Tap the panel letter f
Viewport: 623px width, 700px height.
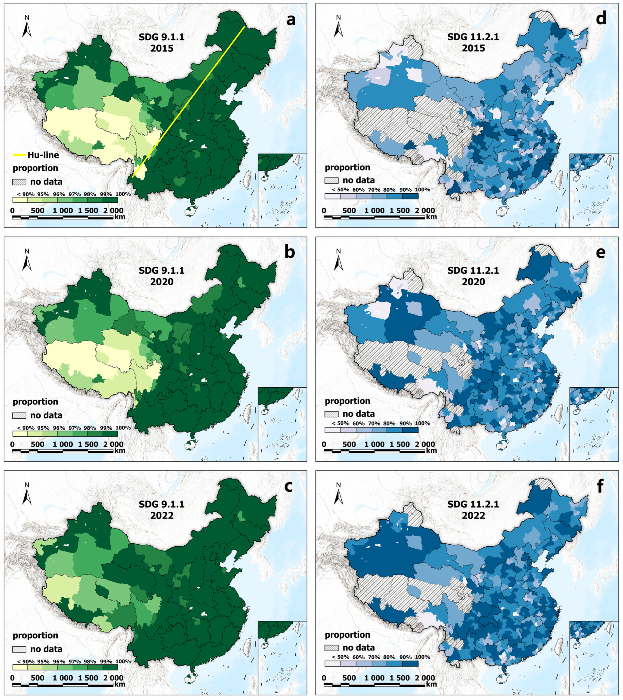tap(600, 487)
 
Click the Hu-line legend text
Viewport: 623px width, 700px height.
tap(43, 155)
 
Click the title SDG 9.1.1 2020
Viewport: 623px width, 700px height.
tap(162, 276)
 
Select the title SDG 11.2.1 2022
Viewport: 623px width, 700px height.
tap(473, 510)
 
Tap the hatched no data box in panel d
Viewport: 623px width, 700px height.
tap(331, 180)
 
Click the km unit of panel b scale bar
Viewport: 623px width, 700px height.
tap(120, 450)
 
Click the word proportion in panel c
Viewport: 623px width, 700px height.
tap(35, 635)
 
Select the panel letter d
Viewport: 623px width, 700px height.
tap(601, 19)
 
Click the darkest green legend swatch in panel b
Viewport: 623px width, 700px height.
tap(110, 433)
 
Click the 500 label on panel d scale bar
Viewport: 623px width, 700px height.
tap(349, 210)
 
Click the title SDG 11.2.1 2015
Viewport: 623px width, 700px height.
tap(473, 42)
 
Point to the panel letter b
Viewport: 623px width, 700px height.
tap(290, 253)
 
